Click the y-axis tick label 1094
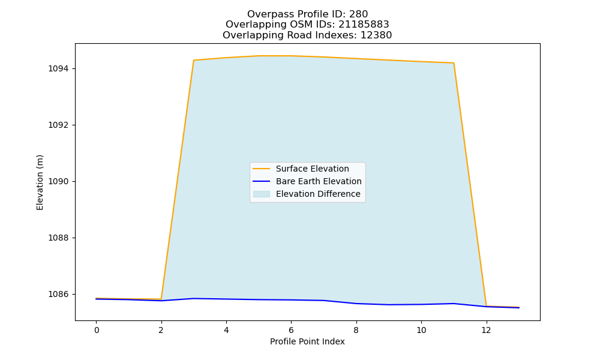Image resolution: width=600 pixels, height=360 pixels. click(x=58, y=69)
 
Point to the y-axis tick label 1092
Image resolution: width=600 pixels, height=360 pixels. click(x=58, y=125)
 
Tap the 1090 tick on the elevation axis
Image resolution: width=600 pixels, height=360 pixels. click(x=58, y=181)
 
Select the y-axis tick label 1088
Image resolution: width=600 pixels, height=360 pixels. click(x=58, y=238)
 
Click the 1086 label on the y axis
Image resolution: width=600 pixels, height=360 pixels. click(x=58, y=294)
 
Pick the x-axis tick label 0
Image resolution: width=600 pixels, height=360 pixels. click(x=97, y=330)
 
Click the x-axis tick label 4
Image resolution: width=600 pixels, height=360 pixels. click(x=226, y=330)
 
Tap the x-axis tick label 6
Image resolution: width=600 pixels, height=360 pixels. click(x=291, y=330)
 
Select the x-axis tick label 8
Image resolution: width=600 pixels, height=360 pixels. click(x=356, y=330)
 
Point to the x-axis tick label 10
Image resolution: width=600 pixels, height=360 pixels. click(x=421, y=330)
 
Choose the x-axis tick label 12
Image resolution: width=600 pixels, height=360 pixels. click(x=486, y=330)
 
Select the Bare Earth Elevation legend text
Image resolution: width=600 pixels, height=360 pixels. click(x=319, y=181)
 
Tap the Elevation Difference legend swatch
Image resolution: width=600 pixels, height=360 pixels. click(x=262, y=194)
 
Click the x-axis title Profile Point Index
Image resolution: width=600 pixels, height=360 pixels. click(x=307, y=341)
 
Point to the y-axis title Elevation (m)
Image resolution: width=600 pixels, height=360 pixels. click(x=40, y=182)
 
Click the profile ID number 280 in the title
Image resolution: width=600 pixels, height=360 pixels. click(x=359, y=14)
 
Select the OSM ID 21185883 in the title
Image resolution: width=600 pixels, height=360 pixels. click(x=364, y=25)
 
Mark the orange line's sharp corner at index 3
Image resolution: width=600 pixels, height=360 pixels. click(x=194, y=60)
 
